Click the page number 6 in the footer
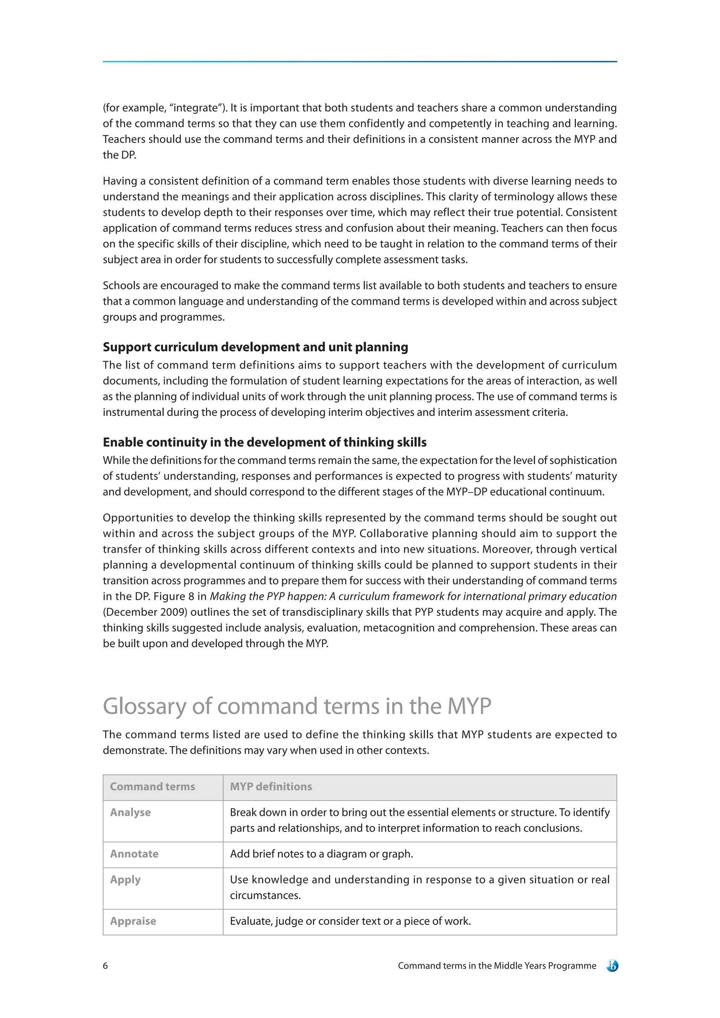[x=105, y=966]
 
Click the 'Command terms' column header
[x=152, y=787]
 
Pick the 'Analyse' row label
[x=130, y=812]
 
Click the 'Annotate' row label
[x=134, y=854]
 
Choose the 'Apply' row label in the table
[x=125, y=880]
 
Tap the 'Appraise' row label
[x=133, y=921]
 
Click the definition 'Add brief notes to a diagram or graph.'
[x=321, y=854]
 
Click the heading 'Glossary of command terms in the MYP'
[x=297, y=706]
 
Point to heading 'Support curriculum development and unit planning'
[x=255, y=347]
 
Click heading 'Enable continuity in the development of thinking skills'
[x=265, y=443]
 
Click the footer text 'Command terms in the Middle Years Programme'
[x=497, y=966]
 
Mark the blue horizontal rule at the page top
[x=360, y=62]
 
